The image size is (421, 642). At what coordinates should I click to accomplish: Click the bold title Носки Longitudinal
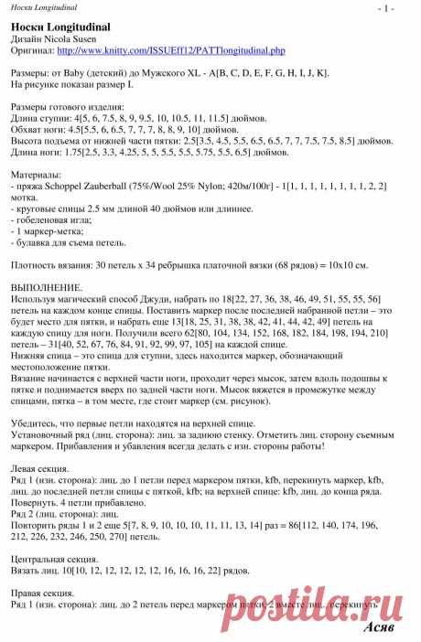(55, 27)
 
